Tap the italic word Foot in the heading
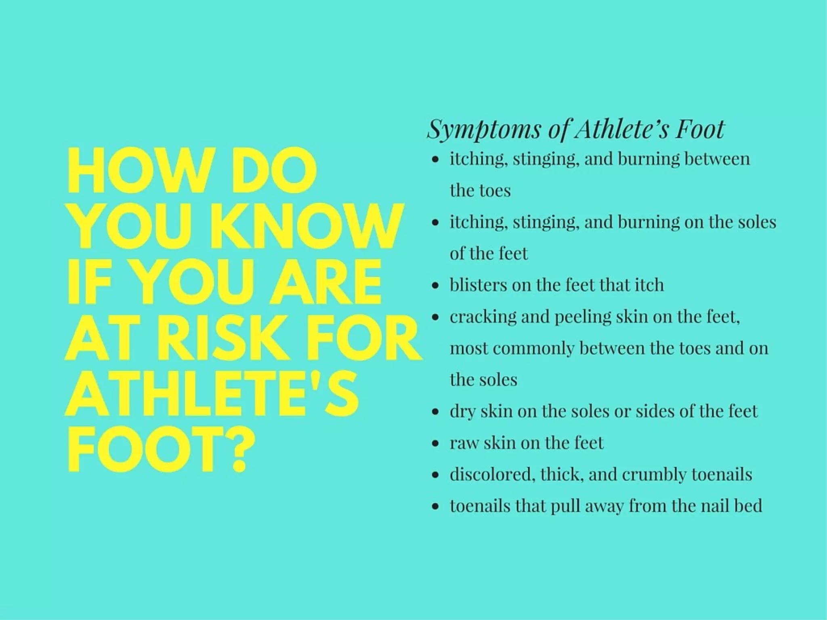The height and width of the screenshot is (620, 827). point(700,129)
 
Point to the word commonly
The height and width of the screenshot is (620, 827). point(533,349)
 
